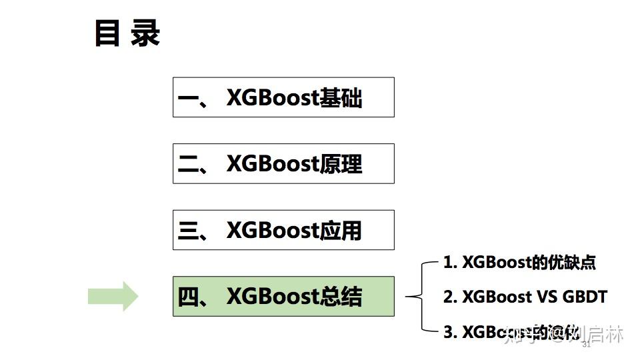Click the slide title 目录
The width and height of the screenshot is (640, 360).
click(127, 33)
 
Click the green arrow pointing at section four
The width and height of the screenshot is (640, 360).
click(113, 296)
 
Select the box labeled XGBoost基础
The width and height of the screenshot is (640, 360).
click(283, 97)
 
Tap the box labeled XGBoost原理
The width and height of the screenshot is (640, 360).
click(283, 163)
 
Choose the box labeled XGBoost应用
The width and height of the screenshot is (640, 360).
click(283, 230)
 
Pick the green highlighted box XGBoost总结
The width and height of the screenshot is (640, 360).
click(283, 296)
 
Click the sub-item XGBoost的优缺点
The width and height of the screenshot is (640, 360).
click(519, 262)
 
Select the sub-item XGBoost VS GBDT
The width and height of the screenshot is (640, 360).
click(525, 297)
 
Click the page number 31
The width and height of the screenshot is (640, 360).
click(587, 345)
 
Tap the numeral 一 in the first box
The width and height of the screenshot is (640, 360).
click(189, 99)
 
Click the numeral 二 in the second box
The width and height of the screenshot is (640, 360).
click(189, 165)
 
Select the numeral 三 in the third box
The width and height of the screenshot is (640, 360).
click(189, 231)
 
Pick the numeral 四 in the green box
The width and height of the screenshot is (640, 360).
click(189, 297)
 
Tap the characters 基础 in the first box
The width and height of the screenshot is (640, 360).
click(341, 98)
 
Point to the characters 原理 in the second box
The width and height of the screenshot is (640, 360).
click(341, 164)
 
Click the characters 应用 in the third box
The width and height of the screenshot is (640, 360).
click(341, 231)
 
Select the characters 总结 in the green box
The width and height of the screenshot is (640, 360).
click(341, 297)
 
